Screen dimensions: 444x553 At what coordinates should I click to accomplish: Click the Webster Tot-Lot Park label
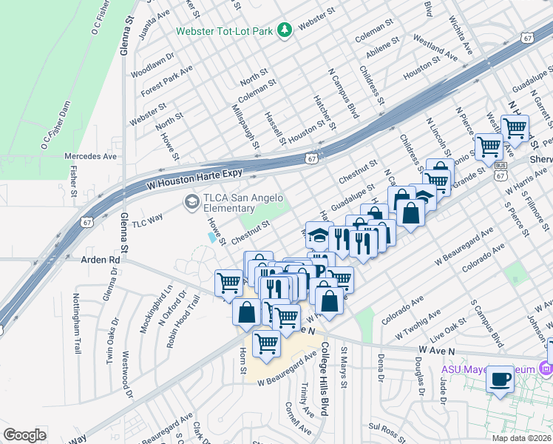[225, 31]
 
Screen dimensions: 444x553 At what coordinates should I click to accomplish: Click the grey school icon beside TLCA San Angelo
[192, 201]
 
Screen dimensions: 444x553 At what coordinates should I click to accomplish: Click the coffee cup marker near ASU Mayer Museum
[501, 379]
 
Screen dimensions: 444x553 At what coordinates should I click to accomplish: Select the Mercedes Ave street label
[90, 157]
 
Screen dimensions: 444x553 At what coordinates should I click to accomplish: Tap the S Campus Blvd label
[488, 324]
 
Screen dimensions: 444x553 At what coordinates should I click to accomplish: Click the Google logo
[25, 434]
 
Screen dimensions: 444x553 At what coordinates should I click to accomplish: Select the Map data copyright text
[522, 438]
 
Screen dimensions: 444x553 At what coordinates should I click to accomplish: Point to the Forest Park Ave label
[166, 81]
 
